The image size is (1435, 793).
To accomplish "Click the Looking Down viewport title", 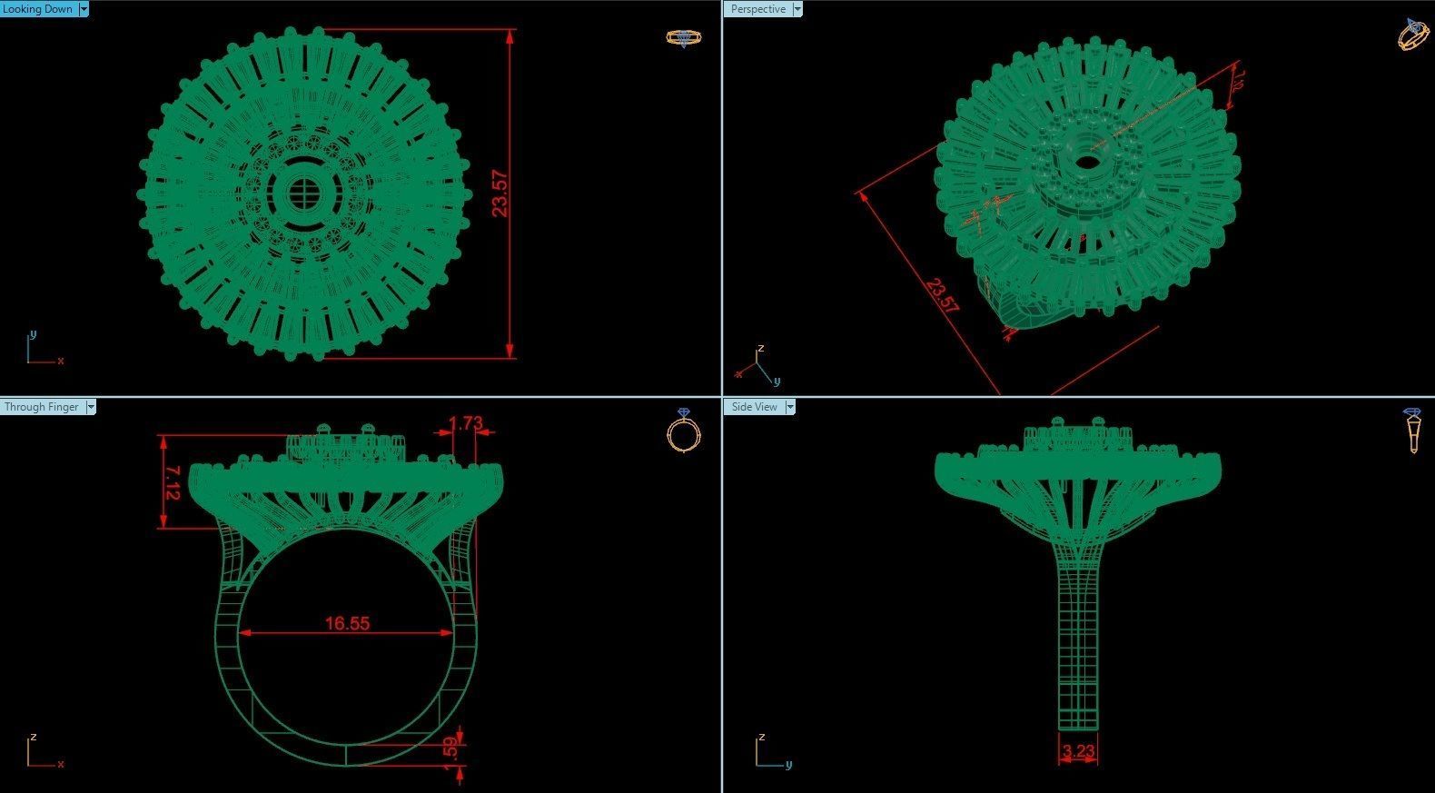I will (38, 9).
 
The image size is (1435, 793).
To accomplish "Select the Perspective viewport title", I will (758, 9).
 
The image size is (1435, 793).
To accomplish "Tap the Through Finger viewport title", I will (42, 407).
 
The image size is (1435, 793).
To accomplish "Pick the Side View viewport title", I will (755, 407).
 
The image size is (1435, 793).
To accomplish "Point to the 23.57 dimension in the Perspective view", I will (942, 296).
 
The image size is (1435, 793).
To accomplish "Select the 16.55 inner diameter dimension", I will (347, 623).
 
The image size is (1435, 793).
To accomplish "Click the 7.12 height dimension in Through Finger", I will (172, 483).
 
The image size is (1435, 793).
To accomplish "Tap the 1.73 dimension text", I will (466, 423).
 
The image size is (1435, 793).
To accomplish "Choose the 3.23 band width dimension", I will (1078, 751).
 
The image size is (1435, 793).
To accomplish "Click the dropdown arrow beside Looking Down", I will (84, 9).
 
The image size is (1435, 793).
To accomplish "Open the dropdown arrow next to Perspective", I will (797, 9).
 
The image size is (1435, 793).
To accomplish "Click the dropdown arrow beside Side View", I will (789, 407).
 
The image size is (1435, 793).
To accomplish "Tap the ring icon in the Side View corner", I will (1412, 430).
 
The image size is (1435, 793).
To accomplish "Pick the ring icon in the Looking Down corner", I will (683, 37).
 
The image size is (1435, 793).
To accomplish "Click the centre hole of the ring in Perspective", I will (1085, 164).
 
